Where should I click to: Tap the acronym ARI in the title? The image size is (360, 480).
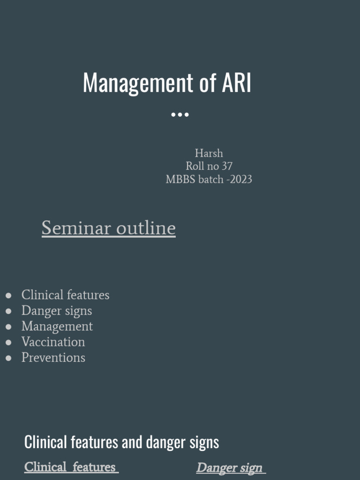236,82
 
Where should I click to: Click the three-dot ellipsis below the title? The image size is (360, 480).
180,114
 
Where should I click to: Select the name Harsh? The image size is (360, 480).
209,153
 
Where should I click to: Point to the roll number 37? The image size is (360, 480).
227,166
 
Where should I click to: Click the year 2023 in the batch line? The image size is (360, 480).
240,180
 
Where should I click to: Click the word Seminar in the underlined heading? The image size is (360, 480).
76,228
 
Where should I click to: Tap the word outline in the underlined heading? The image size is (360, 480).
146,228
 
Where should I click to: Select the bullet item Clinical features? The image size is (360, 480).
65,295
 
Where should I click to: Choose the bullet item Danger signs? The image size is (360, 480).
57,311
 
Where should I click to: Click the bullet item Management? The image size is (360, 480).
57,327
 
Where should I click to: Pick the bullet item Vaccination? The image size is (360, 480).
53,342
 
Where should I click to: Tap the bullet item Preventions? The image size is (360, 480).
53,358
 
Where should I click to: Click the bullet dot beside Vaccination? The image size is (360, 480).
8,342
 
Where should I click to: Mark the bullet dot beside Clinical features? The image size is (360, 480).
8,295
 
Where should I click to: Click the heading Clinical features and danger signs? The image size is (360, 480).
122,442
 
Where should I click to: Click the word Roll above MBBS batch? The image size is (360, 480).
195,166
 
